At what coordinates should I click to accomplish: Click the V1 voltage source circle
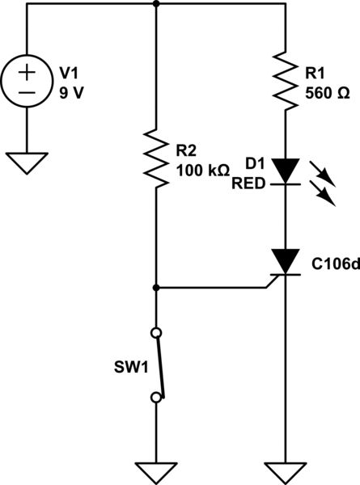click(28, 82)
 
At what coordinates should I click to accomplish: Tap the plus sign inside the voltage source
click(28, 72)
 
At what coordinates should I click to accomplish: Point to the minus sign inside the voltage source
click(28, 94)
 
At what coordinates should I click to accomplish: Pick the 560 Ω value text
click(328, 92)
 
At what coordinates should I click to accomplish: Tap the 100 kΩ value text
click(202, 170)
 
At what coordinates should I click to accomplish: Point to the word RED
click(246, 184)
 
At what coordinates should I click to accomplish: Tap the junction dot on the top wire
click(155, 3)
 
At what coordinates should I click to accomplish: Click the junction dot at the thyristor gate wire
click(155, 287)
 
